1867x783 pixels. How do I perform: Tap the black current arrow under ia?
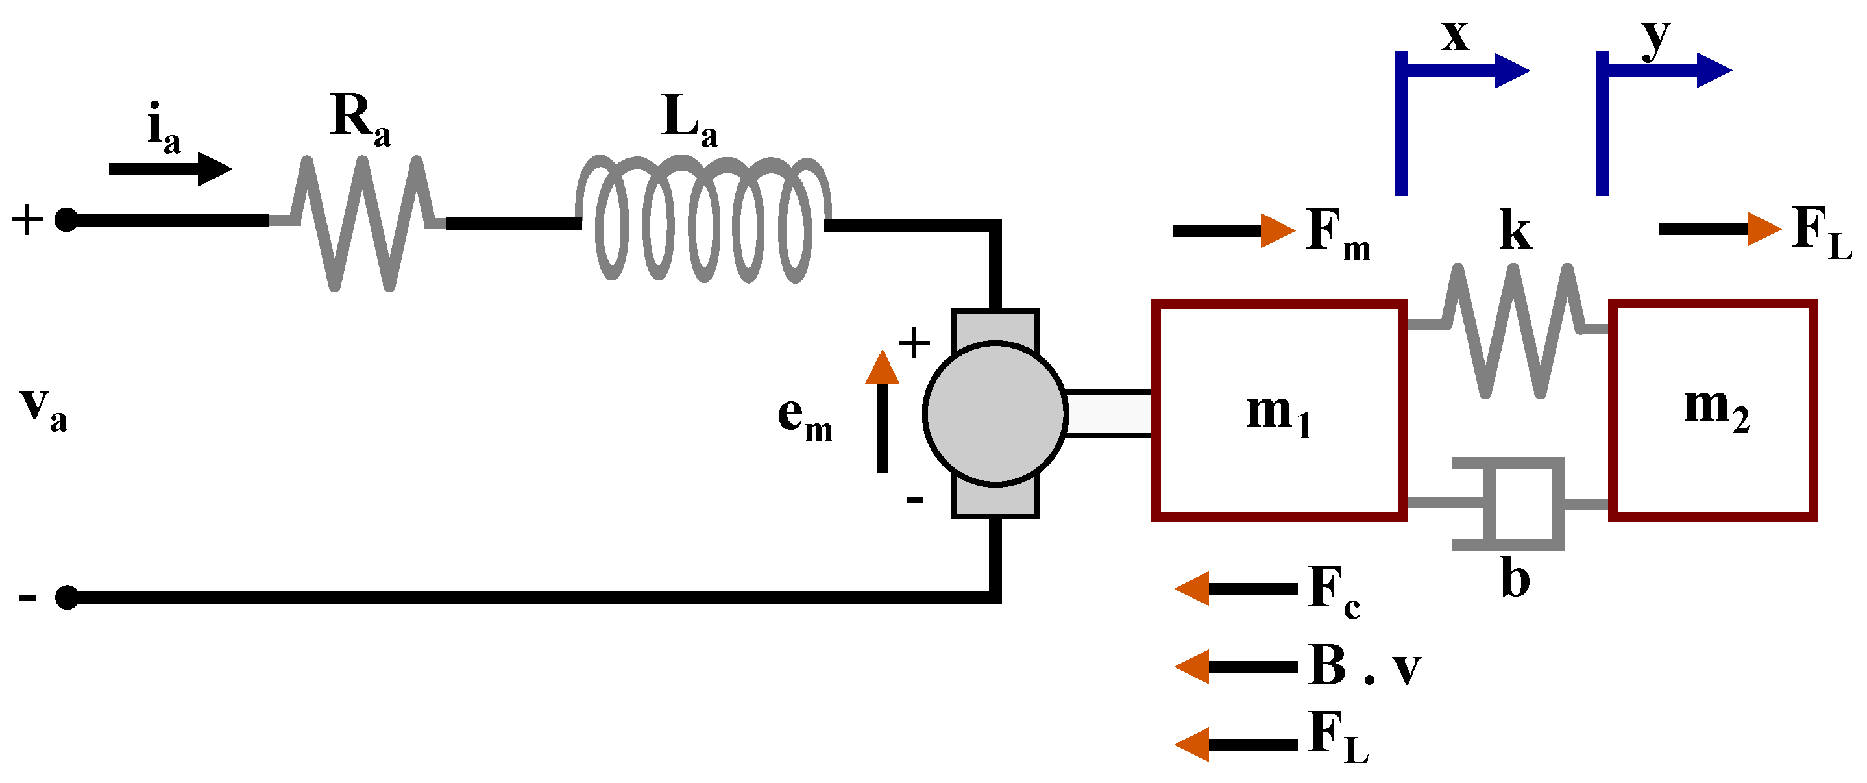point(170,169)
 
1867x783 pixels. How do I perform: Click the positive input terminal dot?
point(66,219)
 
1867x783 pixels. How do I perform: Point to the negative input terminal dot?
point(66,597)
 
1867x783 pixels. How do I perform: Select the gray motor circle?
point(994,412)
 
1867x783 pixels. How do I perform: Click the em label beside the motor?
point(805,418)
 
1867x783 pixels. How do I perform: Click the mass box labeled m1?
point(1278,410)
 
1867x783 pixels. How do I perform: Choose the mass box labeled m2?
point(1712,410)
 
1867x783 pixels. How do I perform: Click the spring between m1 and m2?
point(1512,330)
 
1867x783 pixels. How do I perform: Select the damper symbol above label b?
point(1511,503)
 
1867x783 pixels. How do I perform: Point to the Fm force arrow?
point(1232,230)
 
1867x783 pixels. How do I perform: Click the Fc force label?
point(1334,591)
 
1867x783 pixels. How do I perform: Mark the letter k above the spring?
point(1515,231)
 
